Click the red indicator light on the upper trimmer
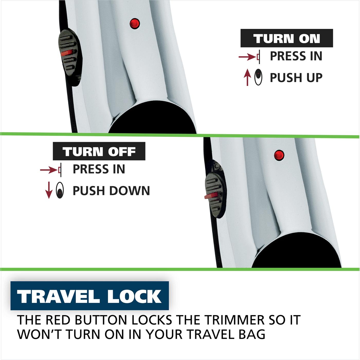pos(134,23)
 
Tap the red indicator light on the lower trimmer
pos(279,155)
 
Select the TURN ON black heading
pos(286,38)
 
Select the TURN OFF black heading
pos(99,151)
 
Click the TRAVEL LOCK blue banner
pos(89,296)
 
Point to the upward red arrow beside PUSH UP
pos(247,77)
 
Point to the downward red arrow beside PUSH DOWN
pos(49,191)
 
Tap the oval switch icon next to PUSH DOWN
pos(60,191)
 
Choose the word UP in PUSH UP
pos(312,78)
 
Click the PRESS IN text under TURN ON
pos(296,56)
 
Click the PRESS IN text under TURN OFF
pos(99,169)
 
